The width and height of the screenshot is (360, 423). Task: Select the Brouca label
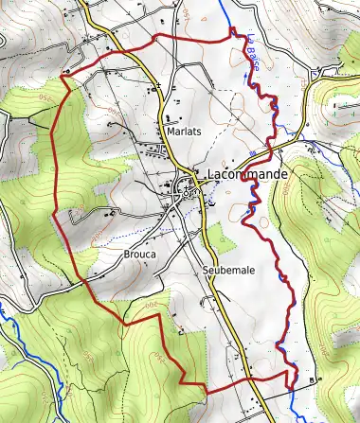tap(138, 254)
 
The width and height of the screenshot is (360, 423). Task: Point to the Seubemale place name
tap(228, 271)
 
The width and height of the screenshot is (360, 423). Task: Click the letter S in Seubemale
tap(206, 271)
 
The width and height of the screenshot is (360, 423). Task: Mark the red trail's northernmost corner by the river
tap(231, 33)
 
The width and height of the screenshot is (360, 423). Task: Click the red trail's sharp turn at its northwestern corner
tap(63, 74)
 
